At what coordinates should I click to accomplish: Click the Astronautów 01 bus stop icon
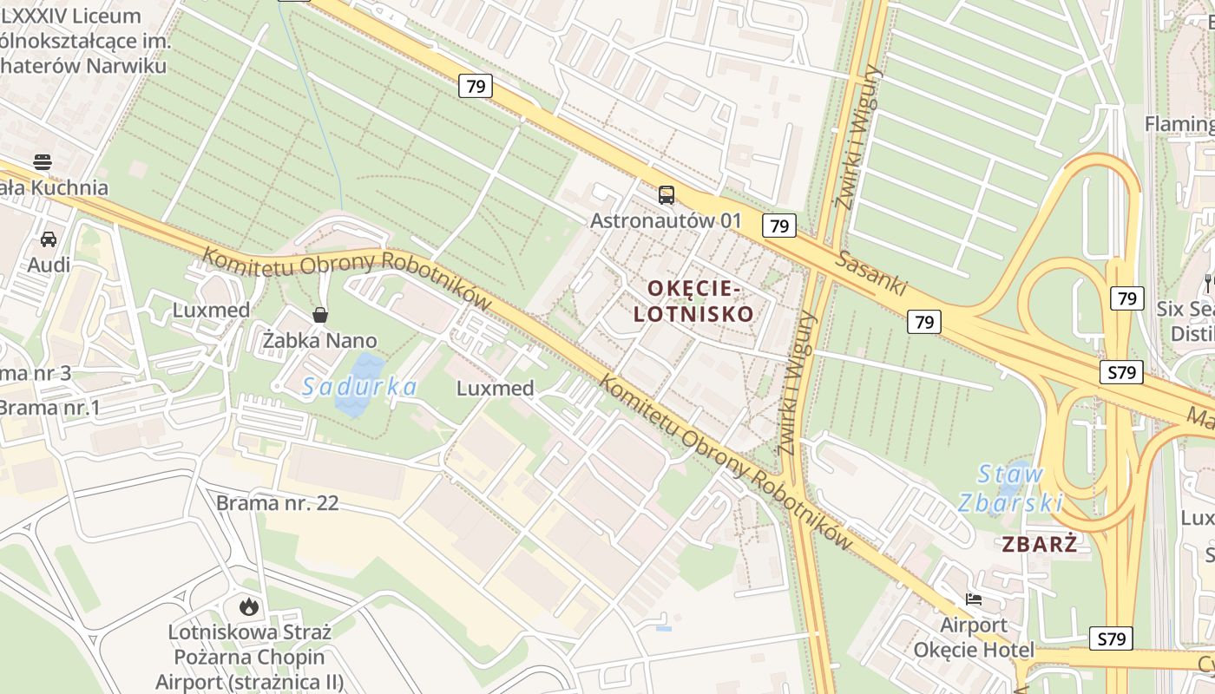coord(666,194)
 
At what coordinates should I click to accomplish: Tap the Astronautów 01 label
coord(666,220)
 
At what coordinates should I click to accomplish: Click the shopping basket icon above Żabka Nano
coord(320,314)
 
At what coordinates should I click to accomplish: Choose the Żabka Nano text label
coord(320,340)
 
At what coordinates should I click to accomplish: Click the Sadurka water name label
coord(359,387)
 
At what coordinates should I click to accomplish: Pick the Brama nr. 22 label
coord(277,503)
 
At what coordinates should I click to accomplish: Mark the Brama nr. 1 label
coord(50,407)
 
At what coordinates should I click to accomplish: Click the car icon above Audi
coord(49,239)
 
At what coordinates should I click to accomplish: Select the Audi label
coord(49,264)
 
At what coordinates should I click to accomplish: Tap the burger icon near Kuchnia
coord(42,161)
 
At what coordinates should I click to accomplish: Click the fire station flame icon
coord(249,606)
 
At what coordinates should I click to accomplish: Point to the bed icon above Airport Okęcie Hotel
coord(974,599)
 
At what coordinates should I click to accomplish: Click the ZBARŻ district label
coord(1039,545)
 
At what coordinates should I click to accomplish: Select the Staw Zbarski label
coord(1010,488)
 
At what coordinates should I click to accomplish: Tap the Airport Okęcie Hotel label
coord(974,638)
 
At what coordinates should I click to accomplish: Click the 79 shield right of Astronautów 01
coord(779,226)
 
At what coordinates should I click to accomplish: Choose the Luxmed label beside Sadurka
coord(495,388)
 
